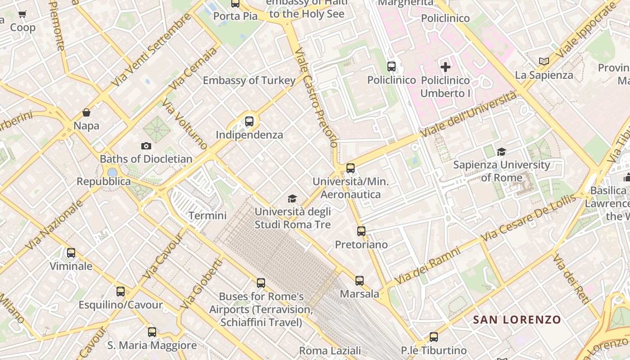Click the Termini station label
[x=207, y=216]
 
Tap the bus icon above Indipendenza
[x=249, y=121]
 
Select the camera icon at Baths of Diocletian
[x=146, y=146]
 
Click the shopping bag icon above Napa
[x=86, y=112]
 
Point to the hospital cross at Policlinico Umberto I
[x=445, y=67]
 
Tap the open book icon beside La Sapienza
[x=544, y=61]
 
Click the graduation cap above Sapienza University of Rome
[x=501, y=152]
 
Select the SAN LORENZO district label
[x=517, y=320]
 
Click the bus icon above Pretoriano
[x=361, y=231]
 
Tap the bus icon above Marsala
[x=360, y=281]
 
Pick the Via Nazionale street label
[x=54, y=225]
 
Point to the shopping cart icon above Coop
[x=22, y=14]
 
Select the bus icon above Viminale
[x=71, y=253]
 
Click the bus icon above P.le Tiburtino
[x=434, y=337]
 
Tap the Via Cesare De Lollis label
[x=528, y=218]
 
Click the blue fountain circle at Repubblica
[x=112, y=172]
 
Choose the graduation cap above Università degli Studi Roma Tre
[x=292, y=198]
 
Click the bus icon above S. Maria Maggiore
[x=152, y=332]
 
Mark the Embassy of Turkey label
[x=249, y=81]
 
